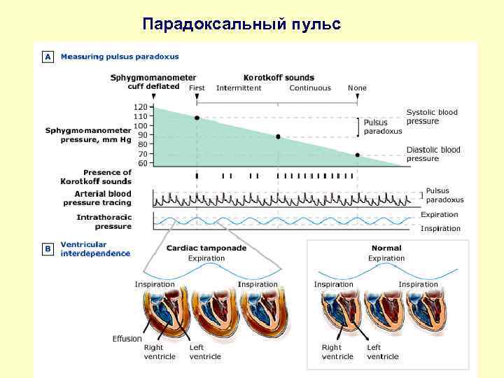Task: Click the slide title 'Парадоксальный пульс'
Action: [x=241, y=24]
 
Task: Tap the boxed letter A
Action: [x=48, y=57]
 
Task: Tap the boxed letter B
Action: [x=48, y=248]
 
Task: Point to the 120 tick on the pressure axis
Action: [x=141, y=106]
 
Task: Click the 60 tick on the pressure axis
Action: [x=142, y=163]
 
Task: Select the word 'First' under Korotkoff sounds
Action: [x=197, y=88]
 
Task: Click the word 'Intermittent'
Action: [x=239, y=88]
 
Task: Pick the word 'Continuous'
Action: [x=310, y=88]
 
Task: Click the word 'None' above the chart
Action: [x=357, y=88]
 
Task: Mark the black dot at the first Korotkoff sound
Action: [x=197, y=118]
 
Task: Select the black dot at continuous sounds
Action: [x=278, y=136]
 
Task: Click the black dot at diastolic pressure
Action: [x=357, y=155]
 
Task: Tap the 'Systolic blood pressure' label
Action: [x=432, y=116]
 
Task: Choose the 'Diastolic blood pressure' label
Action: [x=433, y=154]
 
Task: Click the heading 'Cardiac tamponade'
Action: [x=206, y=248]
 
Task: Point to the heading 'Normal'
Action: [x=386, y=248]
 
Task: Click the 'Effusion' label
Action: [x=127, y=339]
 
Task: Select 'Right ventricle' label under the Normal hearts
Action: [x=331, y=351]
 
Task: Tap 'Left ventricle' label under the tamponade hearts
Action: [x=205, y=351]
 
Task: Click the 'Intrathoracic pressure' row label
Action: [x=104, y=222]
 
